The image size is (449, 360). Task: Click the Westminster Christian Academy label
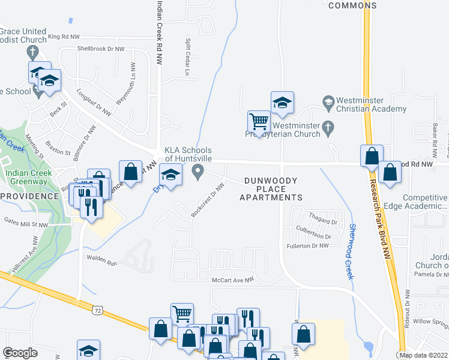371,104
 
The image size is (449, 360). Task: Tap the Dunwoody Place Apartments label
271,189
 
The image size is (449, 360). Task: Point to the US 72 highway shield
98,310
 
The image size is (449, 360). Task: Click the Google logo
20,353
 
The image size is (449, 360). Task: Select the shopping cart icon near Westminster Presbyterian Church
259,121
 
